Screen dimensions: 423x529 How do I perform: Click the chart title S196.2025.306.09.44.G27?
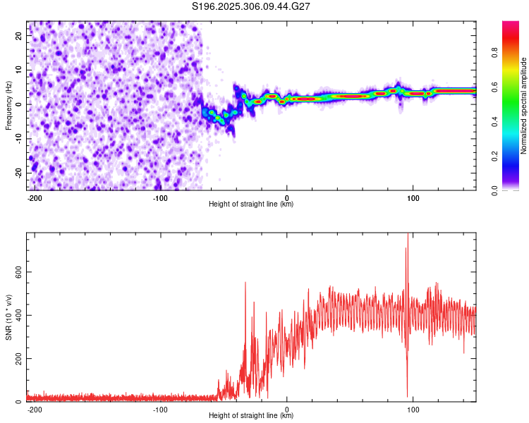click(252, 7)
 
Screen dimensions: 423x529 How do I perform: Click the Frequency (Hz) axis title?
click(8, 106)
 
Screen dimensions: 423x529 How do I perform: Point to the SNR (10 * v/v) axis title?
click(8, 317)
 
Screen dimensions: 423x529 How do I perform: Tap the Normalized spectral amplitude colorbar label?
click(524, 106)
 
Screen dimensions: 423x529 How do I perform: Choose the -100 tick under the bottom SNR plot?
click(160, 409)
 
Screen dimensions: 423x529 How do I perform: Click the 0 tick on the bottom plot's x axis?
click(287, 409)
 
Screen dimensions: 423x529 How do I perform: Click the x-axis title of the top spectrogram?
click(251, 204)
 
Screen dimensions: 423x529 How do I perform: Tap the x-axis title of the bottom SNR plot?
click(251, 416)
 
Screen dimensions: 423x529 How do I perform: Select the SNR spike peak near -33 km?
click(245, 283)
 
